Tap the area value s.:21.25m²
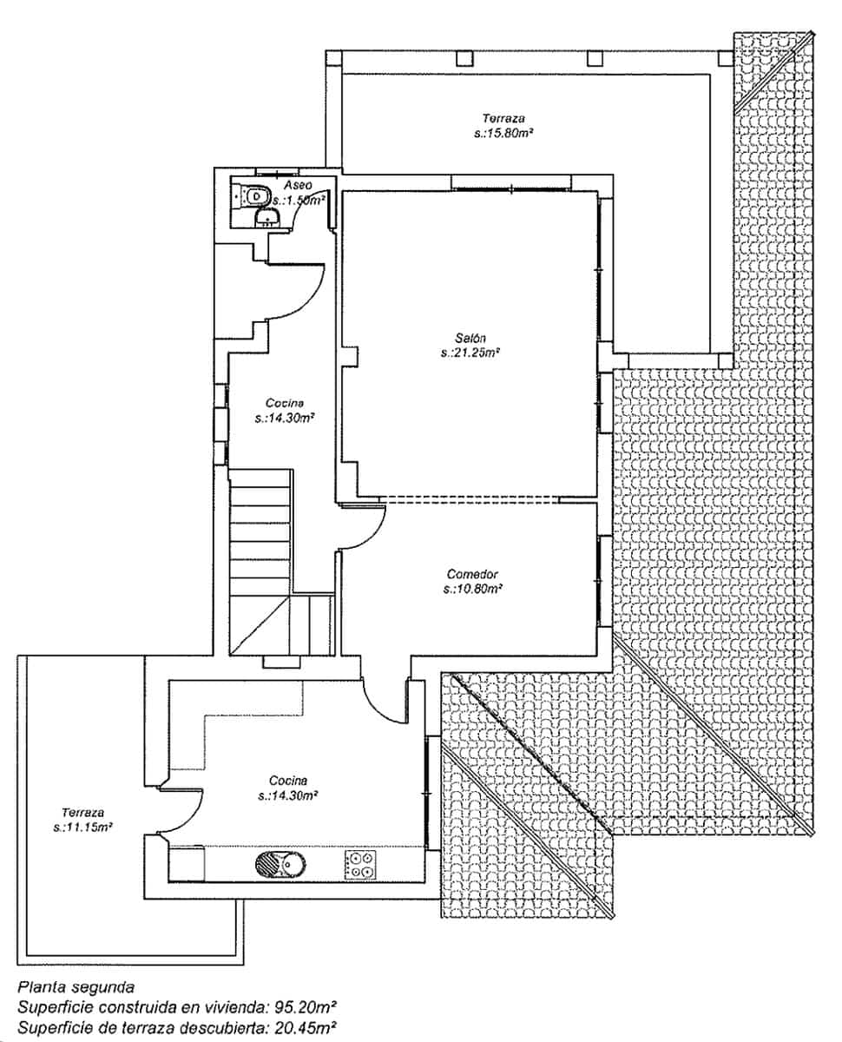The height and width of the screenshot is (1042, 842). (x=470, y=353)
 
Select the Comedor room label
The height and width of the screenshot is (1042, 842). (x=471, y=574)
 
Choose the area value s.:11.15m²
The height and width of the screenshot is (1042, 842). (x=83, y=828)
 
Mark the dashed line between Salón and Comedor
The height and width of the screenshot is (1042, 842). (x=469, y=499)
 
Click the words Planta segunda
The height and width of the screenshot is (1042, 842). (x=76, y=987)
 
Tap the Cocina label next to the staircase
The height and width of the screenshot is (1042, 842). (x=284, y=402)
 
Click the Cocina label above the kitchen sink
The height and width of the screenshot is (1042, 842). (x=287, y=780)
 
